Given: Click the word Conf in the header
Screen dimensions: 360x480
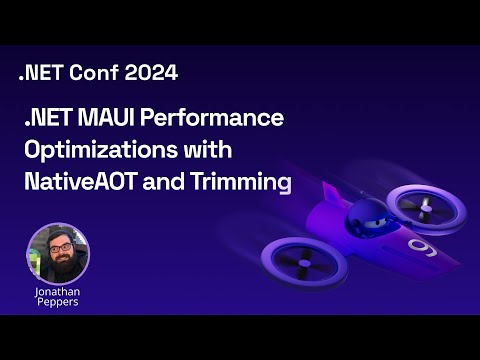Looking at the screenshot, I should coord(90,72).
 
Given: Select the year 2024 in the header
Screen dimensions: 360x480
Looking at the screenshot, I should coord(151,72).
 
